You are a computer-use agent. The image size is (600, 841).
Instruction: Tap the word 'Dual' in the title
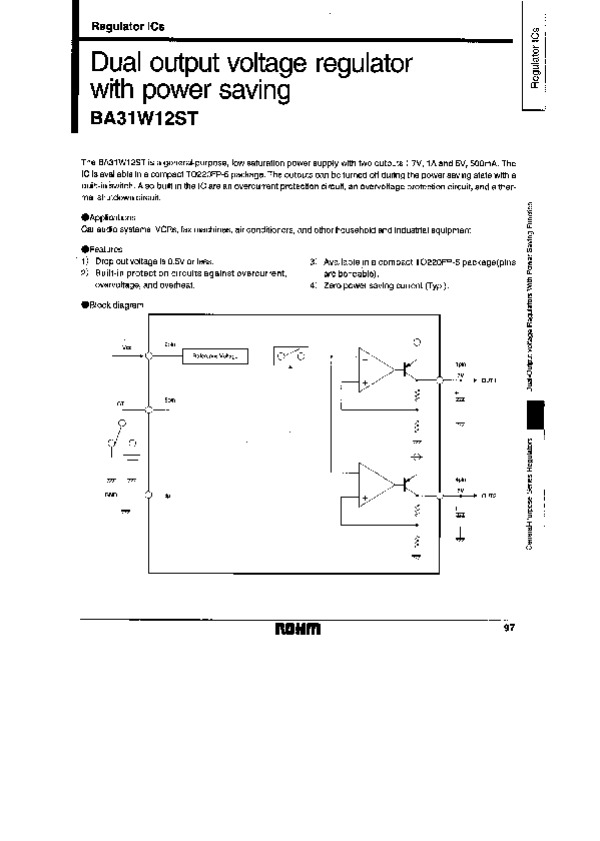click(x=118, y=63)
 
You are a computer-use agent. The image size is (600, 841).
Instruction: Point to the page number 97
click(x=509, y=627)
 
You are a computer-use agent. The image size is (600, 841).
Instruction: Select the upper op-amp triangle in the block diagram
click(x=376, y=367)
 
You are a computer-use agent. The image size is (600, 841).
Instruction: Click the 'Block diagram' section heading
click(x=112, y=305)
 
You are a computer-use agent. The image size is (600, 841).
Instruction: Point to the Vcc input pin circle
click(x=148, y=354)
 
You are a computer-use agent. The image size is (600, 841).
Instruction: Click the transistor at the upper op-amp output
click(x=410, y=367)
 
